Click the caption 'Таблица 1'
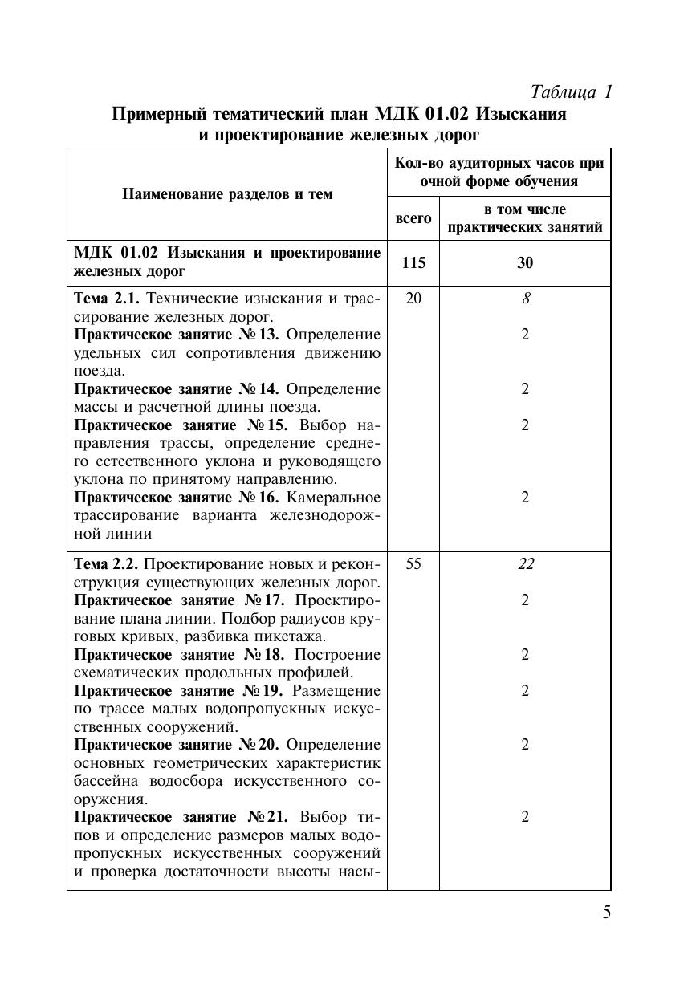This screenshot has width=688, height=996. click(x=572, y=91)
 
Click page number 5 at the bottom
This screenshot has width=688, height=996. click(x=606, y=913)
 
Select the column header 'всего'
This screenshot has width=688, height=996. click(x=413, y=218)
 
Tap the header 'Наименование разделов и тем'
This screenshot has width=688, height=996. click(x=227, y=194)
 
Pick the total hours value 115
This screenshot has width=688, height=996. click(x=413, y=263)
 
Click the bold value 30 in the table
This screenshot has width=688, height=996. click(x=525, y=263)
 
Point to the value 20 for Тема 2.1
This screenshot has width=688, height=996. click(x=413, y=299)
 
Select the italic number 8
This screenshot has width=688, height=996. click(x=525, y=299)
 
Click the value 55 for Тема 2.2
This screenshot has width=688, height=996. click(x=413, y=563)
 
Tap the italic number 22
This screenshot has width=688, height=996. click(x=525, y=563)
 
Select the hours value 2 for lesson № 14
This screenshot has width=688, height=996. click(x=525, y=389)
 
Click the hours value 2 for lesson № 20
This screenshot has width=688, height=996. click(x=525, y=745)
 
